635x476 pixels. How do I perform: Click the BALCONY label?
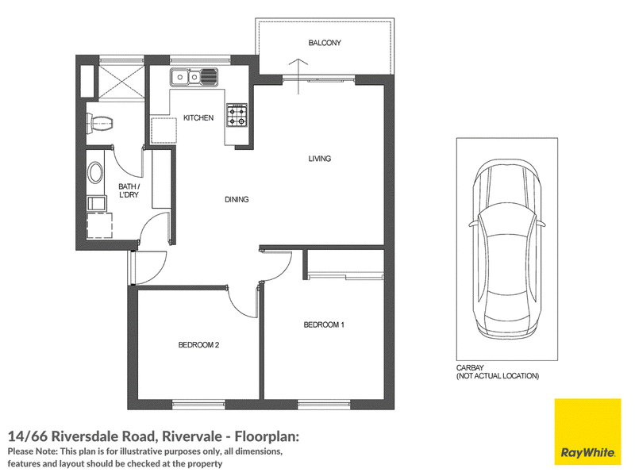pyautogui.click(x=325, y=43)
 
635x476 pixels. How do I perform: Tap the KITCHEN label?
pyautogui.click(x=198, y=117)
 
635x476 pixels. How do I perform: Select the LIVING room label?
pyautogui.click(x=320, y=159)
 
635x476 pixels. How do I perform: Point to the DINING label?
pyautogui.click(x=237, y=200)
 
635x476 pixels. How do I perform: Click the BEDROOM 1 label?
pyautogui.click(x=324, y=324)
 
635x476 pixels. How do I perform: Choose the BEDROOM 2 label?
pyautogui.click(x=198, y=345)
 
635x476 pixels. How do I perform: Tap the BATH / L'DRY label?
pyautogui.click(x=129, y=190)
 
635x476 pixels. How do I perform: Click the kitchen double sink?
pyautogui.click(x=194, y=77)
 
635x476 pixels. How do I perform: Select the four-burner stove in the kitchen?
pyautogui.click(x=237, y=115)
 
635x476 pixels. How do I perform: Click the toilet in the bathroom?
pyautogui.click(x=100, y=123)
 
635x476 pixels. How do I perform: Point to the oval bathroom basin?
pyautogui.click(x=95, y=173)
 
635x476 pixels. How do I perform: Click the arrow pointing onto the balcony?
pyautogui.click(x=298, y=76)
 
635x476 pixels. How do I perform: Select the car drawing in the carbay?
pyautogui.click(x=507, y=249)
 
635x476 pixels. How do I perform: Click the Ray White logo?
pyautogui.click(x=587, y=432)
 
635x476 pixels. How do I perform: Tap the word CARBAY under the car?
pyautogui.click(x=470, y=368)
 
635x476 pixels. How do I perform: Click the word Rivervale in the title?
pyautogui.click(x=192, y=436)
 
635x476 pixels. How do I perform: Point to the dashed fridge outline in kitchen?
pyautogui.click(x=164, y=130)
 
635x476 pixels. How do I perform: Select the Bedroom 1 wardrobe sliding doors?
pyautogui.click(x=345, y=277)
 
